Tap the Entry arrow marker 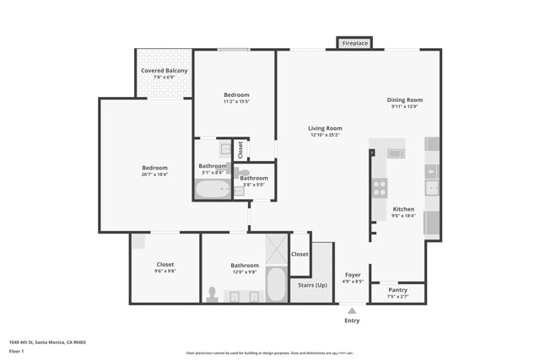coord(352,311)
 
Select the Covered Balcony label coord(165,71)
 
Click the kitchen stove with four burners coord(380,187)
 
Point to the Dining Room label coord(404,99)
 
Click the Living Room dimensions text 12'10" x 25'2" coord(324,134)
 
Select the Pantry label coord(397,290)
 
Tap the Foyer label coord(353,275)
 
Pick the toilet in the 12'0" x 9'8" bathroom coord(212,294)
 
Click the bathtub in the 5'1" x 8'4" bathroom coord(213,189)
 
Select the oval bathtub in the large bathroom coord(276,284)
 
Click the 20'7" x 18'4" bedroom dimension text coord(154,175)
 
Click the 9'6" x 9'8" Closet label coord(165,265)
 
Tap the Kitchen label coord(403,209)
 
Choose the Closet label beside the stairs coord(300,254)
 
